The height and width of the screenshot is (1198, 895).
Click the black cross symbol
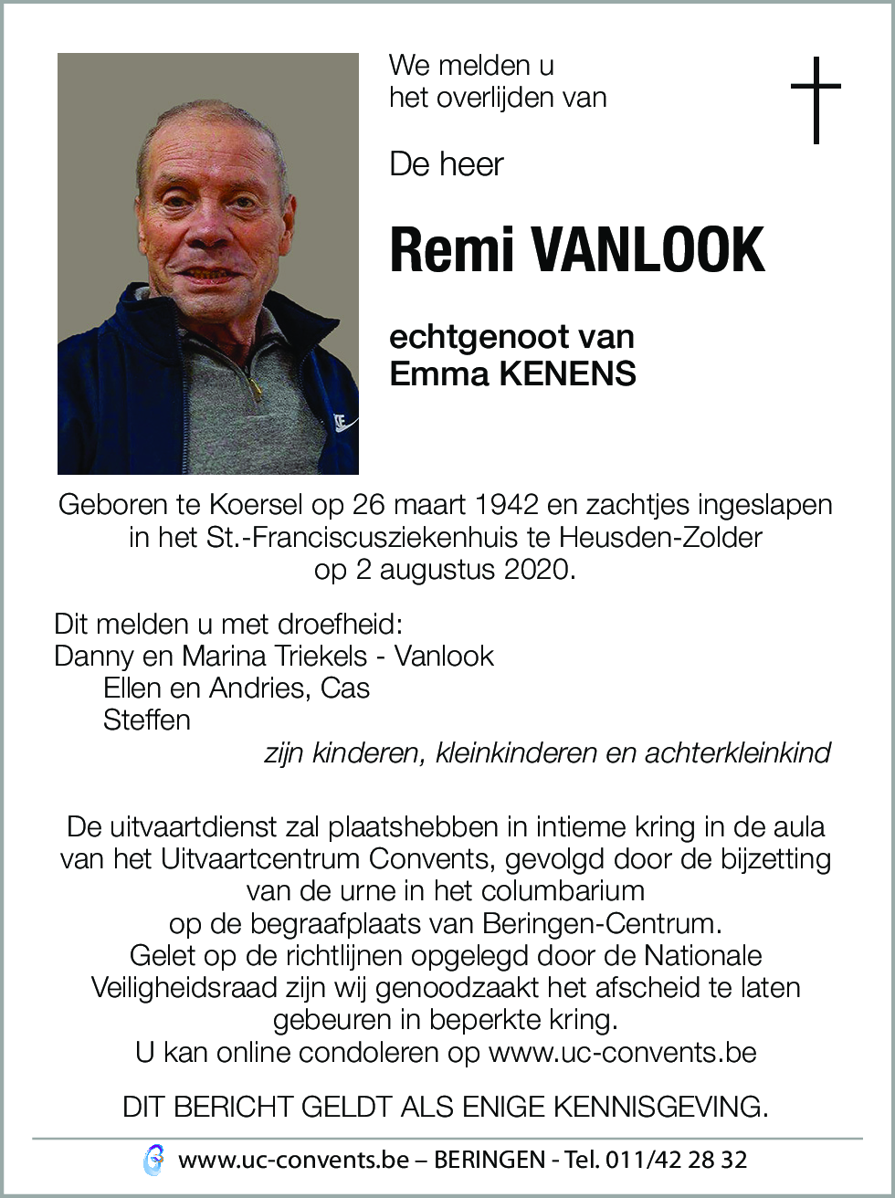[816, 100]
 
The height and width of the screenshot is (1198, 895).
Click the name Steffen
[146, 720]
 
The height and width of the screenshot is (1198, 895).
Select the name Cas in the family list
[345, 688]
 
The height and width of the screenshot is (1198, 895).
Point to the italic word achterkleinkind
[738, 753]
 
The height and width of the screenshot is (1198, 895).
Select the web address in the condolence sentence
[622, 1052]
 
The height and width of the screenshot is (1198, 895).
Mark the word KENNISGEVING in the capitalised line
[660, 1107]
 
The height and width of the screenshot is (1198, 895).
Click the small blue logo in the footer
[154, 1161]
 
